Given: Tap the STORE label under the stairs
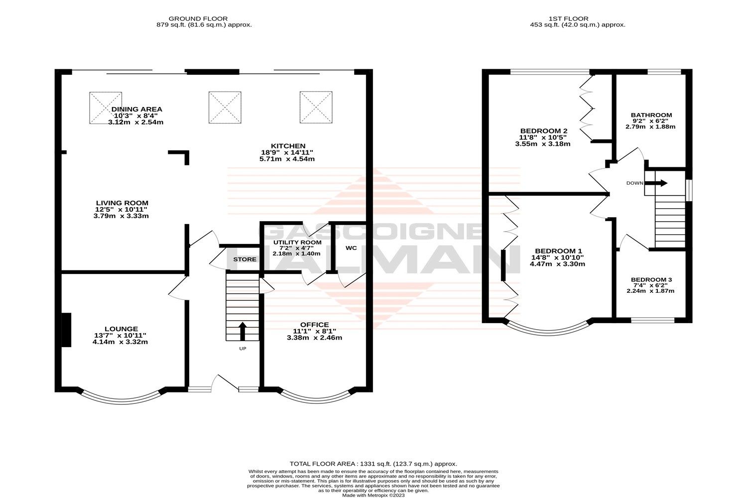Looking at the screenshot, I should coord(245,259).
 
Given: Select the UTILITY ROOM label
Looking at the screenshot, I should coord(297,243).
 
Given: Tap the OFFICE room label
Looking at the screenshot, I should coord(314,325).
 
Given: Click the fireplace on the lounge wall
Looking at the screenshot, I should coord(66,330).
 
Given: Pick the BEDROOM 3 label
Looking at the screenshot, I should coord(651,280).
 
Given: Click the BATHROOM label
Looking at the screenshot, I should coord(651,115).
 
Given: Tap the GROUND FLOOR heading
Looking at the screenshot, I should coord(199,18).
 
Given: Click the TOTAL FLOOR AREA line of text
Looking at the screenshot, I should coord(373,464).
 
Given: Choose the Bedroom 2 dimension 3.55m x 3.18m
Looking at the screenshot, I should coord(542,144).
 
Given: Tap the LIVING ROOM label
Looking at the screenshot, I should coord(122,203).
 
